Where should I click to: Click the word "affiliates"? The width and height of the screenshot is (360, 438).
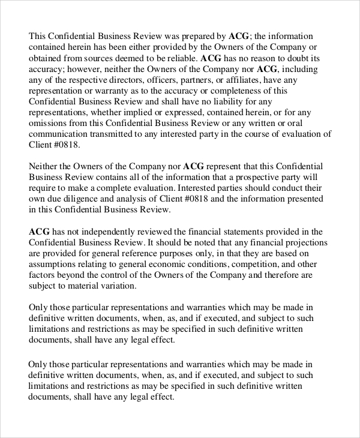click(x=246, y=80)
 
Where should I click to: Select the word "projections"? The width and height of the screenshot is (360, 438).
click(x=304, y=242)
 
